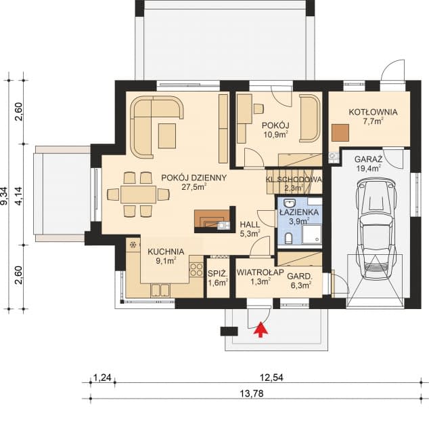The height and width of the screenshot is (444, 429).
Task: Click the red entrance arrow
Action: [261, 329]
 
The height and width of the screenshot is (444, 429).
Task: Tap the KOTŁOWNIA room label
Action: [373, 112]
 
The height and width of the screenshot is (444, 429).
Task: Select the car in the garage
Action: [376, 229]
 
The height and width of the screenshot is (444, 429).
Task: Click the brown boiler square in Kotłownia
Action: [340, 133]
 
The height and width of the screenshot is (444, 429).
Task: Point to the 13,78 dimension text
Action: [252, 393]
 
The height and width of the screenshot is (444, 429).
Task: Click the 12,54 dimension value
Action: [271, 378]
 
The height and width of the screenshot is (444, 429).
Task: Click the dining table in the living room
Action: [138, 195]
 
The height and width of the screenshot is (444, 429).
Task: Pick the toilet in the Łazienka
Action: [288, 238]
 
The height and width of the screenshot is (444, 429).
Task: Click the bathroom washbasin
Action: [290, 203]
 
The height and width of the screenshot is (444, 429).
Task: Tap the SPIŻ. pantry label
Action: [218, 274]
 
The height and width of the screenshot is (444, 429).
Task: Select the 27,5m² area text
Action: [194, 186]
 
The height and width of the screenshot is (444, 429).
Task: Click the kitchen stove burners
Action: [196, 270]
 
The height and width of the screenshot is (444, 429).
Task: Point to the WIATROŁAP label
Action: [261, 273]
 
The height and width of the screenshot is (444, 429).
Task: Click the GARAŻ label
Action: [369, 159]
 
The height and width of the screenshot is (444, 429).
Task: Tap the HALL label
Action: [250, 225]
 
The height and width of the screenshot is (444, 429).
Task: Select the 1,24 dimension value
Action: [102, 378]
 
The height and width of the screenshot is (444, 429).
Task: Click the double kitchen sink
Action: [160, 290]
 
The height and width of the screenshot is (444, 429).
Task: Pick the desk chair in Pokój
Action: [258, 108]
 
